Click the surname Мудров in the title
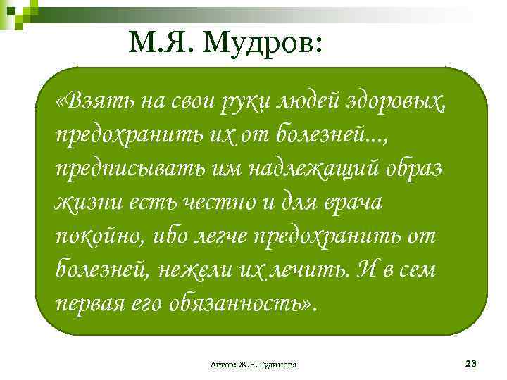coord(263,45)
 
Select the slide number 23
coord(471,363)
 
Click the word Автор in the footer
coord(223,365)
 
